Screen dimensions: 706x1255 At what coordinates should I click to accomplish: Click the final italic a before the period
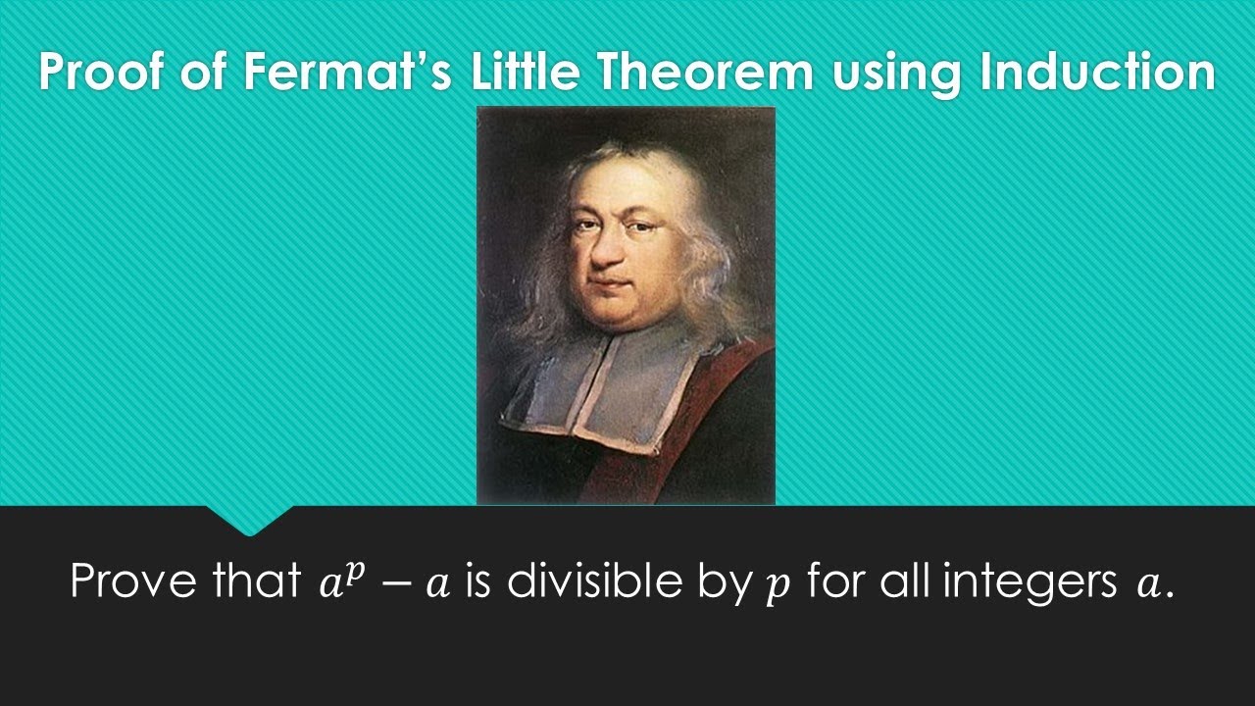tap(1146, 585)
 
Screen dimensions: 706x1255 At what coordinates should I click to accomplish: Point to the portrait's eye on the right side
tap(640, 227)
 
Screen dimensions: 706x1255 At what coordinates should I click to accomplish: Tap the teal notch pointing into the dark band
tap(249, 521)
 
